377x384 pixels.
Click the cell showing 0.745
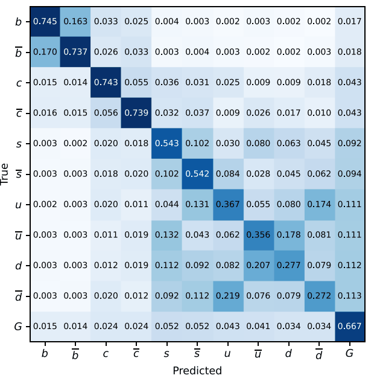point(45,22)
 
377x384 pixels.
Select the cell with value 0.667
point(349,326)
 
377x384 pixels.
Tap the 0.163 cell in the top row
point(75,22)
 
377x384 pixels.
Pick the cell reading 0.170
point(45,53)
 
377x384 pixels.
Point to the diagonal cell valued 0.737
point(75,53)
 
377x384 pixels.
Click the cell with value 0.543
point(166,144)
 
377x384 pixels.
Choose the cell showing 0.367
point(227,205)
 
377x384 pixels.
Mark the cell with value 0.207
point(258,265)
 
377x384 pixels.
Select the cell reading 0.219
point(227,296)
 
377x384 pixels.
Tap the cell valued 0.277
point(288,265)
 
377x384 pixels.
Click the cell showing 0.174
point(318,205)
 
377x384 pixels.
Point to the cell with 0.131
point(197,205)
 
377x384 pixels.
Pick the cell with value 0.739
point(136,113)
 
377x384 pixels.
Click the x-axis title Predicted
point(197,371)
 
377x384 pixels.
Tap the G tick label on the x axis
point(349,354)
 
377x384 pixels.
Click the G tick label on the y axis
point(19,327)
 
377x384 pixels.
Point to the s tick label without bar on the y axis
point(19,144)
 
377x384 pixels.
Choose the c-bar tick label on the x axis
point(136,353)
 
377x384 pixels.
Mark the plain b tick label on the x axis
point(45,353)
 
